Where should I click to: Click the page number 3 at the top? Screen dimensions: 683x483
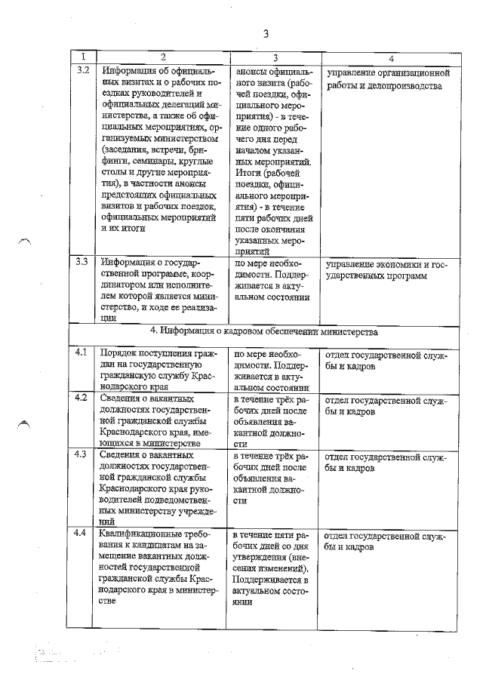(266, 33)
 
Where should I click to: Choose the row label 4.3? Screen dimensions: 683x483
(84, 455)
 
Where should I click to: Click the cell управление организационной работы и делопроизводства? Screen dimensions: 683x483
(387, 80)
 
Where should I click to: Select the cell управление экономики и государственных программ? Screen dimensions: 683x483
(387, 270)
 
